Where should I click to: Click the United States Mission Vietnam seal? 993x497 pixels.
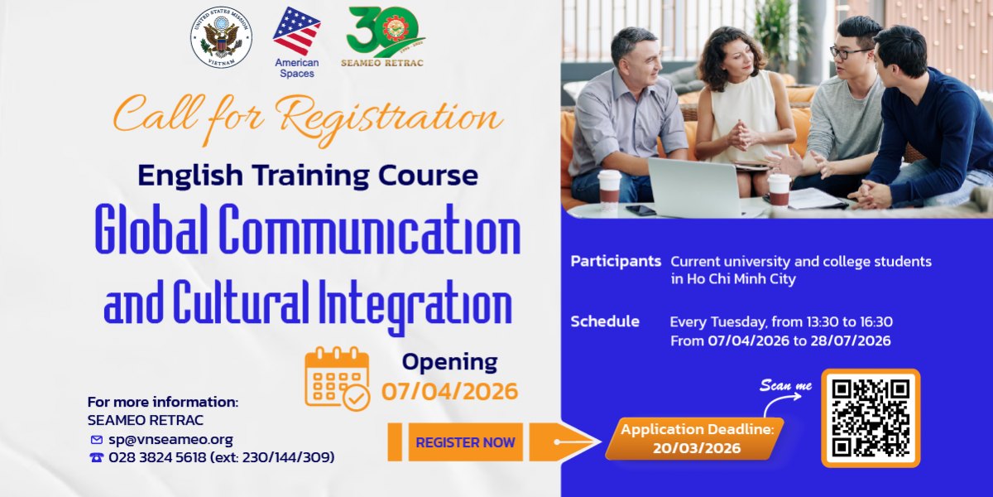coord(221,37)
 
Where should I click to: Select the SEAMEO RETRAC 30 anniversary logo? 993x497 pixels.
coord(383,36)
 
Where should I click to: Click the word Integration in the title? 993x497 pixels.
coord(415,306)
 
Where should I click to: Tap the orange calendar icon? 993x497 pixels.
coord(338,379)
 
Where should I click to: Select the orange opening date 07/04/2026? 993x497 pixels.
coord(449,391)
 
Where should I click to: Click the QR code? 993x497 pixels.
coord(871,418)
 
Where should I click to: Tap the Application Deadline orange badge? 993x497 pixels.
coord(694,438)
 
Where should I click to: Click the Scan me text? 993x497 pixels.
coord(785,385)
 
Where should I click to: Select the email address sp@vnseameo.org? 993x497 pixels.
coord(170,440)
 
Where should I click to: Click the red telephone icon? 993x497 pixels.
coord(97,457)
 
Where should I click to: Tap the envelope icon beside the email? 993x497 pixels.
coord(97,440)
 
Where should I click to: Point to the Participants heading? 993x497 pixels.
coord(616,262)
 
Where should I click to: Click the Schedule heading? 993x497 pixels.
coord(605,321)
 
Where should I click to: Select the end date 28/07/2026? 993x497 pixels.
coord(851,340)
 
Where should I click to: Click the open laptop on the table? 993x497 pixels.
coord(693,187)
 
